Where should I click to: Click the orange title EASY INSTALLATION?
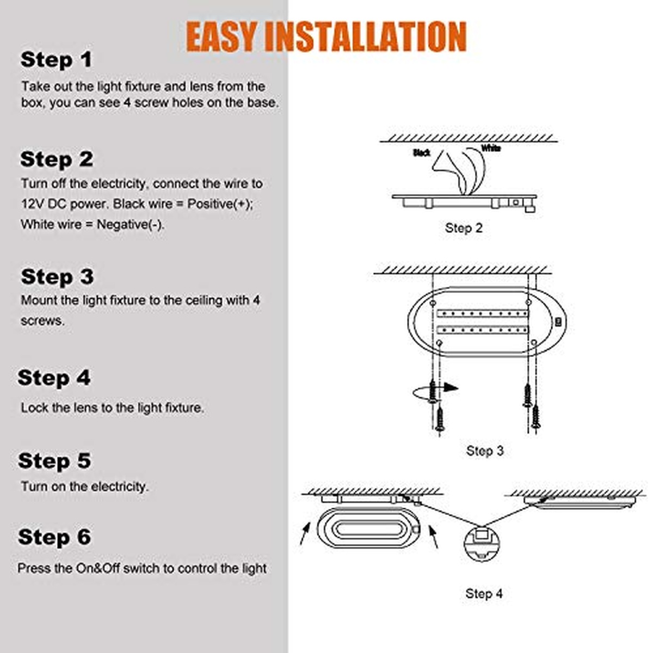326,36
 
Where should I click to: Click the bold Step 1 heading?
56,60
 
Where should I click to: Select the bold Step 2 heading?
57,159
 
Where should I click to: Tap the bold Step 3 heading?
57,276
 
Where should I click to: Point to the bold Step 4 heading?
54,378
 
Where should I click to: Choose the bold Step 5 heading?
54,461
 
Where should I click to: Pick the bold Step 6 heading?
54,537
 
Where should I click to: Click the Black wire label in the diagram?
422,153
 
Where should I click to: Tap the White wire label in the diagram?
491,148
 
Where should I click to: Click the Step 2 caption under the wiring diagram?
464,228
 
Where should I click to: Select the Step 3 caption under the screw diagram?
485,451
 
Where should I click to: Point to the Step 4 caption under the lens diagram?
484,593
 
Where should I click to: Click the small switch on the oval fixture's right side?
558,322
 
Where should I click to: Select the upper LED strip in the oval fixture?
483,313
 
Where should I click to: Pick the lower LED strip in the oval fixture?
483,329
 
